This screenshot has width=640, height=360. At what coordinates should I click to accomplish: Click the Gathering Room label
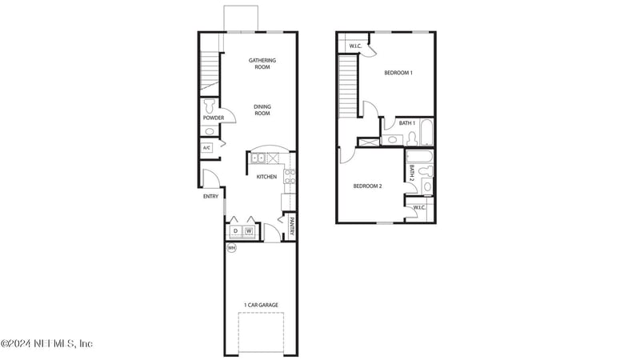click(262, 63)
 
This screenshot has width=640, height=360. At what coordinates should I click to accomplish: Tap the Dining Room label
click(262, 110)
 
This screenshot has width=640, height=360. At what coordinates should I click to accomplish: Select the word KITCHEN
click(266, 177)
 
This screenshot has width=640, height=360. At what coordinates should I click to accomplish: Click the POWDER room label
click(213, 118)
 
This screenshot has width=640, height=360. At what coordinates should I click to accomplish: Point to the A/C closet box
click(206, 148)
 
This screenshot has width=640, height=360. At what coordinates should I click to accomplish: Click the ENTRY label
click(210, 196)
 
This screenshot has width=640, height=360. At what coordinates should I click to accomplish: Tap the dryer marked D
click(236, 231)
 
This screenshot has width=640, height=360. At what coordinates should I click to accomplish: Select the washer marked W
click(249, 231)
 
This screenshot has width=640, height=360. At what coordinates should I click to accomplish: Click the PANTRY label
click(292, 227)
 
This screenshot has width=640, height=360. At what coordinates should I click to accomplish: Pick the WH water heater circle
click(232, 248)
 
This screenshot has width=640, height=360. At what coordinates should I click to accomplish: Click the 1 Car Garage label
click(262, 305)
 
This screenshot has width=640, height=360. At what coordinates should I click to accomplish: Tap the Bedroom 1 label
click(398, 73)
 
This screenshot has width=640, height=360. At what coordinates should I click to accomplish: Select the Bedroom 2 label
click(368, 186)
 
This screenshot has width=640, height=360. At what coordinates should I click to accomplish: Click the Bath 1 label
click(407, 123)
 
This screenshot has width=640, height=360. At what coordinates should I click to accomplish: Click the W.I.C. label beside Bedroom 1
click(355, 46)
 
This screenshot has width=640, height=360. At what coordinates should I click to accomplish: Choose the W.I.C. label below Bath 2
click(418, 208)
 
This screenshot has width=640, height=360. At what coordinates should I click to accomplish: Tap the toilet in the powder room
click(210, 105)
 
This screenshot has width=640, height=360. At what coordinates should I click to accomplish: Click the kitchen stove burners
click(289, 178)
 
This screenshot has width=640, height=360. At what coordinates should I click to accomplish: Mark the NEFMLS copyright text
click(46, 344)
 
